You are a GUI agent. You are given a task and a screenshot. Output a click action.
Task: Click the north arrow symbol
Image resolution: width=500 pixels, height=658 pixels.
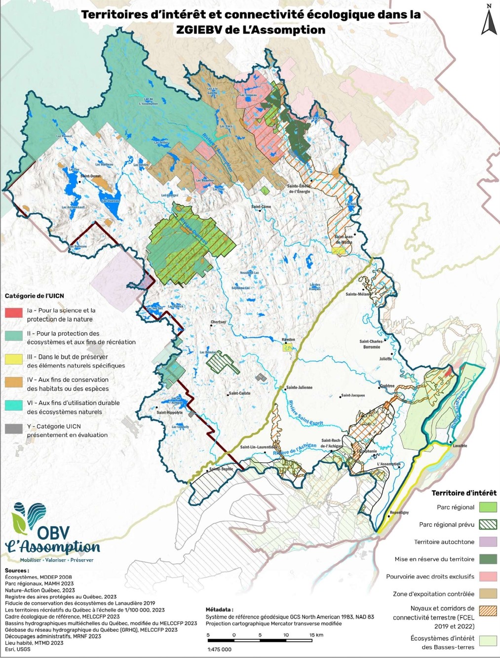(x=489, y=21)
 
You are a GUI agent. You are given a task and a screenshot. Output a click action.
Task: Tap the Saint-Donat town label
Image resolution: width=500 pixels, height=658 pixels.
(x=90, y=176)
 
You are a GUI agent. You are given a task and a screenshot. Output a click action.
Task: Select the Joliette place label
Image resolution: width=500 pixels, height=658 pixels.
(x=385, y=359)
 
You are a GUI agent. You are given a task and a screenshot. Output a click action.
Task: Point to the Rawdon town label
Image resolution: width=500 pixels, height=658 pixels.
(x=288, y=340)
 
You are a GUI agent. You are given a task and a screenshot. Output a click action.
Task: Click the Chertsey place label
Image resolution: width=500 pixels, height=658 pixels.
(x=218, y=322)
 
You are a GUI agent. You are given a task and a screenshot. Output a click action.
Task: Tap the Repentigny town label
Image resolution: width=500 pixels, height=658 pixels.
(x=399, y=512)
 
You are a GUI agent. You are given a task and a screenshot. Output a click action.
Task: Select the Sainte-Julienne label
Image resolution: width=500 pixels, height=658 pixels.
(x=299, y=387)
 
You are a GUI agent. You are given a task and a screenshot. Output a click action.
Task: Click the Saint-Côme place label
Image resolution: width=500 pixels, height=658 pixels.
(x=261, y=207)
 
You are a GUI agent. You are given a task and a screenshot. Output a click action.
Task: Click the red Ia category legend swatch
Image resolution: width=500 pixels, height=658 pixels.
(x=14, y=312)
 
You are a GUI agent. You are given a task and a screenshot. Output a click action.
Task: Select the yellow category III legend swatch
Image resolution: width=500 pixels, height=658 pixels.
(x=14, y=359)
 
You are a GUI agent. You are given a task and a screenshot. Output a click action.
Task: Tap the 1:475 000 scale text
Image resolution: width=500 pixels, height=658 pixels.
(x=220, y=650)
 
